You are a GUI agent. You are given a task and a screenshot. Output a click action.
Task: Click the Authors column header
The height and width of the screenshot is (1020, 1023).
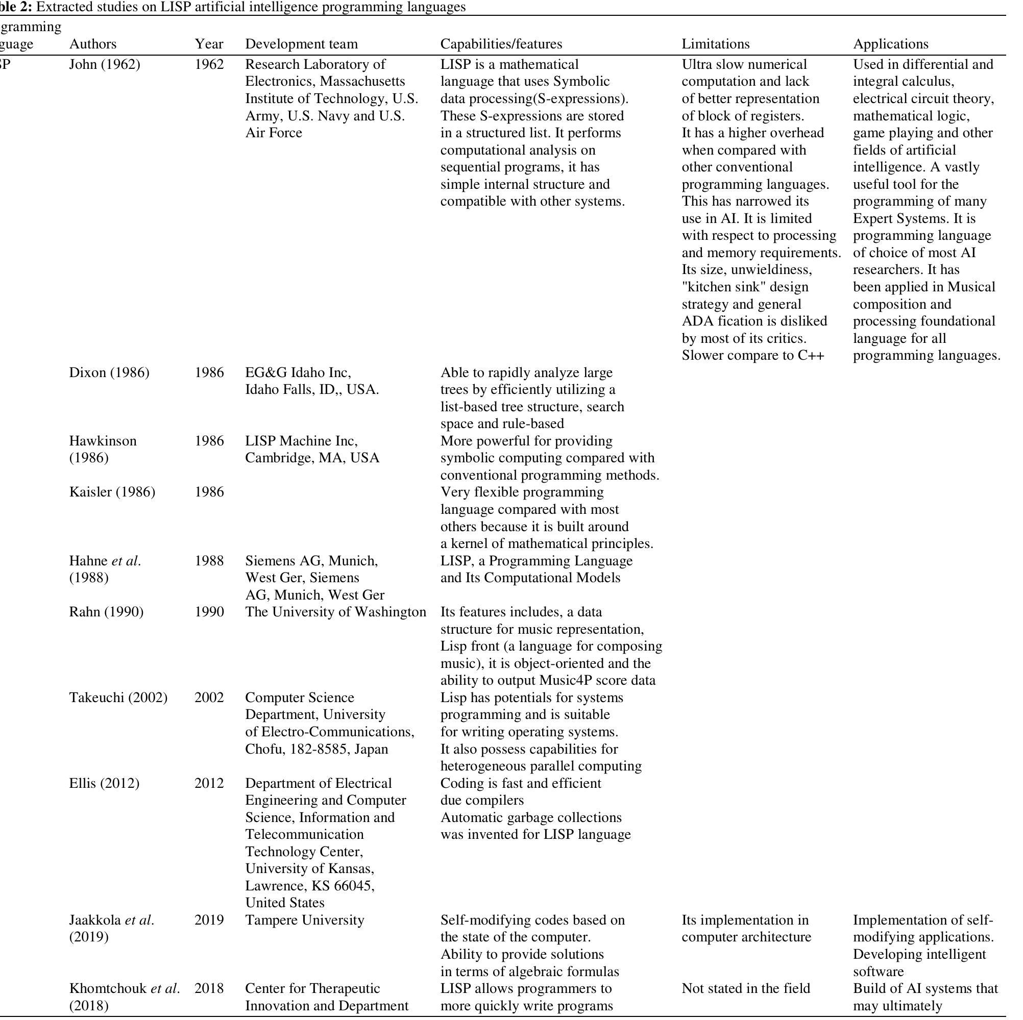93,44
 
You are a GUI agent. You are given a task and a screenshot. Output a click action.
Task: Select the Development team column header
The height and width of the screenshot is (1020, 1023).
301,44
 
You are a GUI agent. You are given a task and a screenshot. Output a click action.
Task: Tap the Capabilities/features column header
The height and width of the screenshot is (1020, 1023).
501,44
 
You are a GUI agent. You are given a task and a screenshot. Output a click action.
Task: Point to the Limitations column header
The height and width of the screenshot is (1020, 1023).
715,44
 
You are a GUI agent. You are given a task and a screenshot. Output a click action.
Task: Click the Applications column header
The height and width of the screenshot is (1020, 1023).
891,44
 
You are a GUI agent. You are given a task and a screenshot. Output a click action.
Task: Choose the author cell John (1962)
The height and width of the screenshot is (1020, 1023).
104,65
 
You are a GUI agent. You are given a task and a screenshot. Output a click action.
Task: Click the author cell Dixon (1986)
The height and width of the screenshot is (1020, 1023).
109,372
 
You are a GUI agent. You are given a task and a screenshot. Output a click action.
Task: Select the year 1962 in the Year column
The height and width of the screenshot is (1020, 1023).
209,65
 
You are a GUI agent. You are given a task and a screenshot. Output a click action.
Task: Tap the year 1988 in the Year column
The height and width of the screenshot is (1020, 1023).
209,561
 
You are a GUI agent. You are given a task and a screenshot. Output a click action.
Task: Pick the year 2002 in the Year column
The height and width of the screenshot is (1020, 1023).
209,698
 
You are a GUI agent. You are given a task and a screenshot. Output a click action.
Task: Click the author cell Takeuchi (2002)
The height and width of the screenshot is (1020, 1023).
118,698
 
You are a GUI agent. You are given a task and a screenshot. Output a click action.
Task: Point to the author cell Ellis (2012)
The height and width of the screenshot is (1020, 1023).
104,783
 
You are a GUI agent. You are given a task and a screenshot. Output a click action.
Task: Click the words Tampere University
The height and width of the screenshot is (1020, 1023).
304,920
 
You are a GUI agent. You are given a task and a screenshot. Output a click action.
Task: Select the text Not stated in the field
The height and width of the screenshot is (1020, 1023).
745,988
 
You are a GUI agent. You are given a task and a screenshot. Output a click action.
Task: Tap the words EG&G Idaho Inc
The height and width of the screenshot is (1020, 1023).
298,372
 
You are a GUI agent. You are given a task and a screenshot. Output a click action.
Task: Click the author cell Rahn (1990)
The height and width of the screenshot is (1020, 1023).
106,612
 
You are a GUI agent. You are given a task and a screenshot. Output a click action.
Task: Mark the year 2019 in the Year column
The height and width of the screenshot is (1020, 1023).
209,920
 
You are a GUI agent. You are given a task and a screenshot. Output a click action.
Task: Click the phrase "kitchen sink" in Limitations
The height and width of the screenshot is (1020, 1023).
721,287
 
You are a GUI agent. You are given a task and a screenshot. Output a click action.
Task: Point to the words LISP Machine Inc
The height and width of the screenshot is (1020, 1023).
301,441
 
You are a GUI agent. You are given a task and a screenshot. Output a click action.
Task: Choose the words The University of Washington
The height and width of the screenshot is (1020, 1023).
335,612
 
